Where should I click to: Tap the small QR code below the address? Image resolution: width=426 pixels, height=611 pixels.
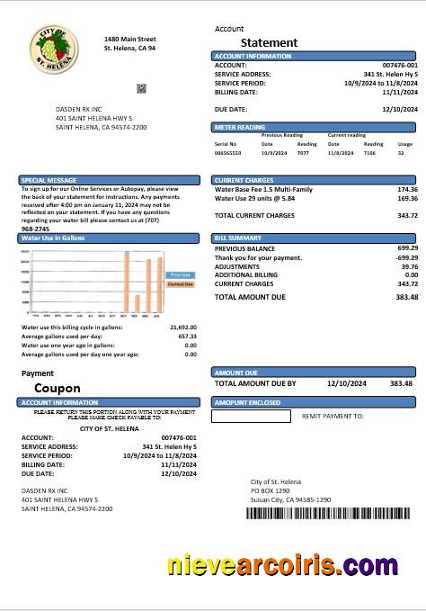tap(141, 88)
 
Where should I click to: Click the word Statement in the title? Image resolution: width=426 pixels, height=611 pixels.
tap(269, 42)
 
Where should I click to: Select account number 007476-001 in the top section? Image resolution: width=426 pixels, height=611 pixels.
tap(400, 66)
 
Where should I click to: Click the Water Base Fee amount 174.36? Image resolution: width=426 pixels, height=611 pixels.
tap(407, 190)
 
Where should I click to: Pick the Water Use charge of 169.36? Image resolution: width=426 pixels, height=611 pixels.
tap(407, 198)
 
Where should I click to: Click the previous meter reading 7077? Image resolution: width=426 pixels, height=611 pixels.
tap(303, 154)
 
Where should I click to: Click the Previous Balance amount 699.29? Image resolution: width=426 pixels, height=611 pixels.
tap(407, 247)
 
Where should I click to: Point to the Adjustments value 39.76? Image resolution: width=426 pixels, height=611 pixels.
tap(409, 266)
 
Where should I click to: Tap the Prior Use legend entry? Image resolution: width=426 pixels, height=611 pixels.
tap(180, 274)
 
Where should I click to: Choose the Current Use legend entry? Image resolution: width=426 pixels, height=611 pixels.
tap(180, 283)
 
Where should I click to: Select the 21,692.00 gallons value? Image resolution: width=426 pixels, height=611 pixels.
tap(182, 328)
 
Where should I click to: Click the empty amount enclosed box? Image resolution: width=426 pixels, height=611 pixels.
tap(251, 417)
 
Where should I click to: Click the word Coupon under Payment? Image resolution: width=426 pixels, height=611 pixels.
tap(58, 389)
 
